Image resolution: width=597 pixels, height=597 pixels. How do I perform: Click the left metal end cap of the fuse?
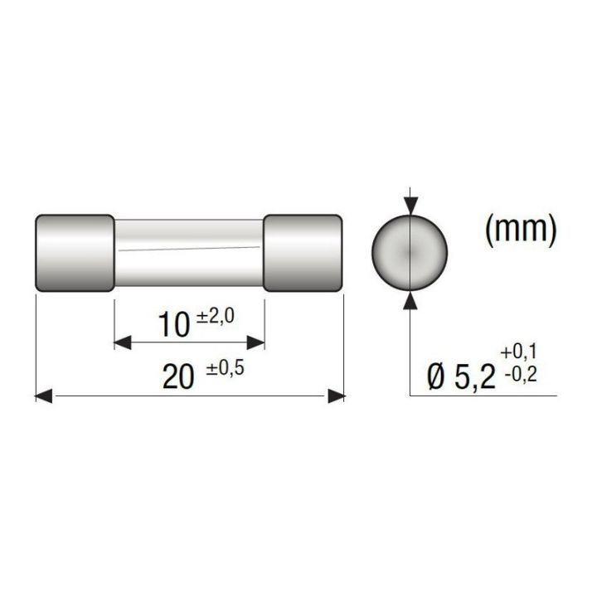click(x=75, y=253)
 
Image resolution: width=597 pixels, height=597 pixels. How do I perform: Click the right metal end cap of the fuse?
click(x=303, y=253)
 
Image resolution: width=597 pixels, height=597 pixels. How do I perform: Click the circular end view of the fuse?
click(x=410, y=251)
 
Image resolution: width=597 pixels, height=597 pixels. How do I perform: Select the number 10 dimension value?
click(x=174, y=326)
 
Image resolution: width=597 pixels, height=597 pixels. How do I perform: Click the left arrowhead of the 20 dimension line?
click(x=45, y=397)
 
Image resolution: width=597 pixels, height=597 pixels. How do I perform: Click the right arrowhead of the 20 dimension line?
click(x=336, y=397)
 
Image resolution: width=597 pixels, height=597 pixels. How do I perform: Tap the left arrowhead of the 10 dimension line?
click(x=123, y=342)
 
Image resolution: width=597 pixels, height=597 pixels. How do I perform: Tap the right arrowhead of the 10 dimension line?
click(x=255, y=342)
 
